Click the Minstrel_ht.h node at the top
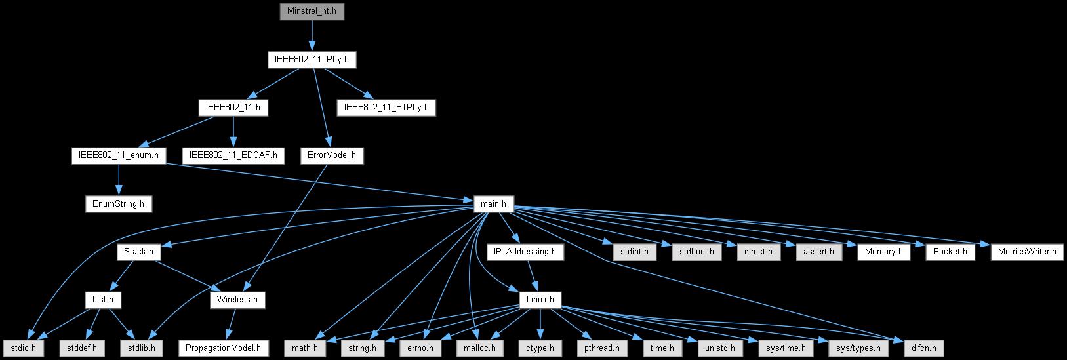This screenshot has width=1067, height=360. [312, 11]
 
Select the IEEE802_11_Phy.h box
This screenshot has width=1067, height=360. [312, 60]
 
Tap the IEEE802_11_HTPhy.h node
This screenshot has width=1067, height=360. [386, 108]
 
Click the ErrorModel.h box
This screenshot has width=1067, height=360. [332, 156]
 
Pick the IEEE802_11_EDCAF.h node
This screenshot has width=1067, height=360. [233, 156]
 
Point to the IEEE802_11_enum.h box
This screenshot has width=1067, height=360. [119, 156]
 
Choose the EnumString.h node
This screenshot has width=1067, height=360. [119, 204]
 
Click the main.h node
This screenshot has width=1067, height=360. [494, 204]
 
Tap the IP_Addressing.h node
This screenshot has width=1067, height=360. [525, 252]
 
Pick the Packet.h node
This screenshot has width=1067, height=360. [950, 252]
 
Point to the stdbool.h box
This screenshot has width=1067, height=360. [696, 252]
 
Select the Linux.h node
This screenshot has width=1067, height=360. [540, 300]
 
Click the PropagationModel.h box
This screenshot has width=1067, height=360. [224, 348]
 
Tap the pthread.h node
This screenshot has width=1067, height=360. [597, 348]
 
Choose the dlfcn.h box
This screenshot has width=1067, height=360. [923, 348]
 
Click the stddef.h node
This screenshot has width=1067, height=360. [81, 348]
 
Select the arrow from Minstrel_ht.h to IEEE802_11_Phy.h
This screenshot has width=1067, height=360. [312, 35]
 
